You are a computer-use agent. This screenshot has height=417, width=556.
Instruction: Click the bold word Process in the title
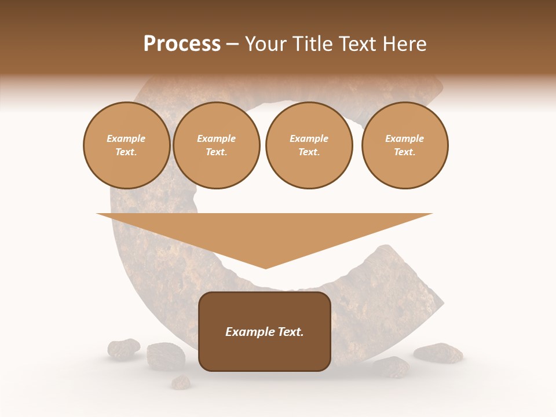(x=182, y=44)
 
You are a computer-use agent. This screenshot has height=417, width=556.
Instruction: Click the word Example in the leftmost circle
(x=126, y=139)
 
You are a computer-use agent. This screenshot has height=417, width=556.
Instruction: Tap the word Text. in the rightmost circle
(x=404, y=152)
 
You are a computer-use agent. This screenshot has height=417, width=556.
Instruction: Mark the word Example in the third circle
(x=309, y=139)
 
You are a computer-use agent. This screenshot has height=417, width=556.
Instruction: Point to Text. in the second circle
(x=216, y=152)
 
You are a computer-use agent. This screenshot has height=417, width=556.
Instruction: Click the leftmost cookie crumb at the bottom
(x=123, y=349)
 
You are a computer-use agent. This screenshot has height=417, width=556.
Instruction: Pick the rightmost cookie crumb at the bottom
(x=438, y=353)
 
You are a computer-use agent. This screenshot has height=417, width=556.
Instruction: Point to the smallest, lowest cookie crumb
(x=181, y=382)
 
